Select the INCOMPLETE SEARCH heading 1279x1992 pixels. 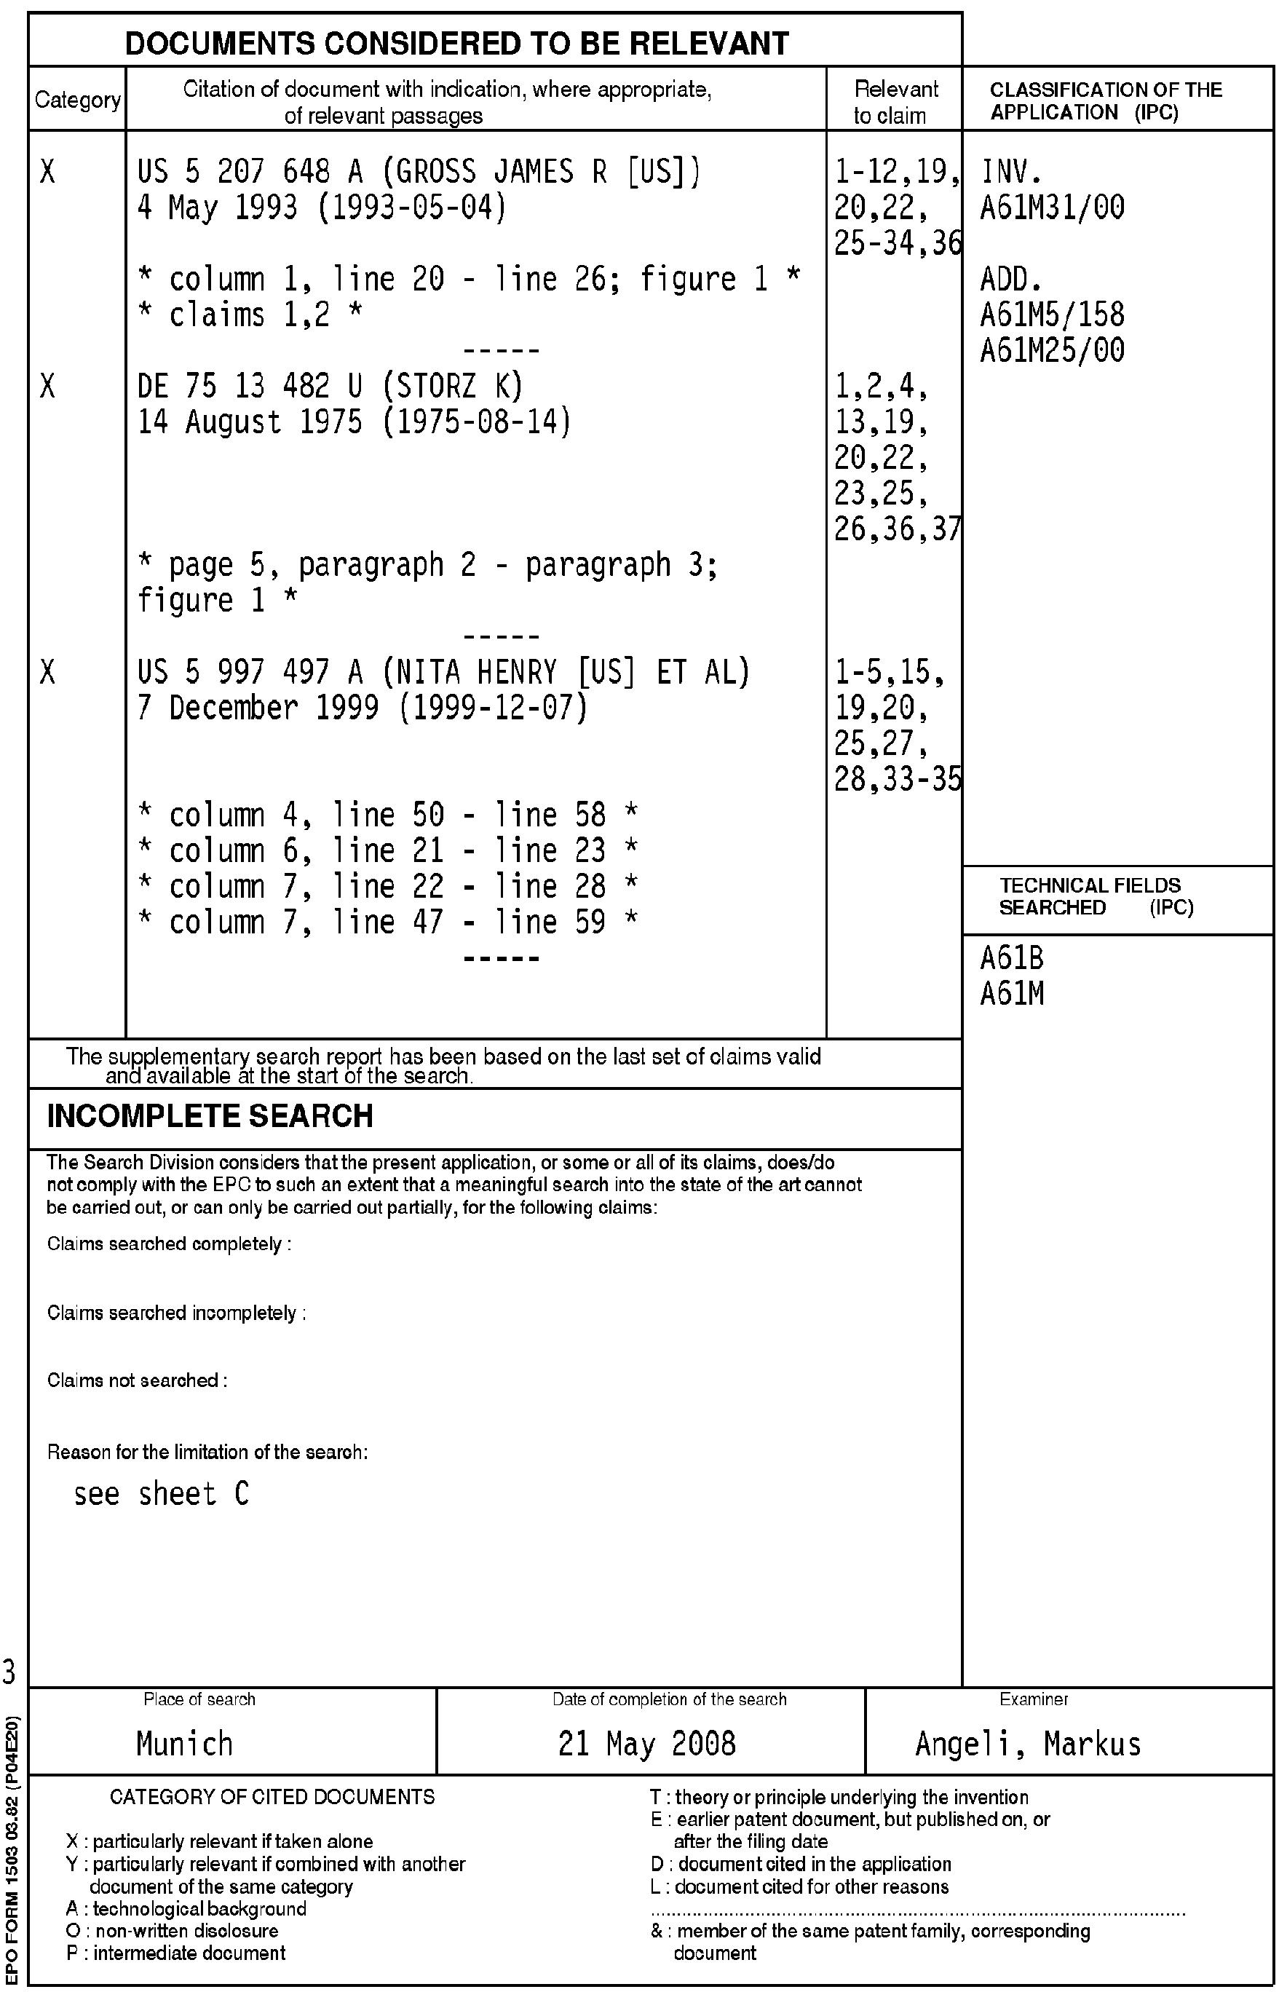click(x=210, y=1115)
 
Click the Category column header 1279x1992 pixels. click(x=77, y=100)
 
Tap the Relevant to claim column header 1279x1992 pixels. click(x=895, y=102)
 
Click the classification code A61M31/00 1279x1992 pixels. click(x=1053, y=207)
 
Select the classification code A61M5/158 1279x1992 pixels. click(x=1053, y=315)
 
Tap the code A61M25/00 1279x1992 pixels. click(x=1053, y=350)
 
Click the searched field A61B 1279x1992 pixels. click(x=1012, y=959)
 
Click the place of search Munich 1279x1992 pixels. click(x=184, y=1744)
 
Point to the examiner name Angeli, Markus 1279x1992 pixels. click(x=1028, y=1744)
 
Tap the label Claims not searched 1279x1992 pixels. click(x=137, y=1380)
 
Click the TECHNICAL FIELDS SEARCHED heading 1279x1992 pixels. click(x=1095, y=897)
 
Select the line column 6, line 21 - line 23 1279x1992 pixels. click(x=387, y=850)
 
